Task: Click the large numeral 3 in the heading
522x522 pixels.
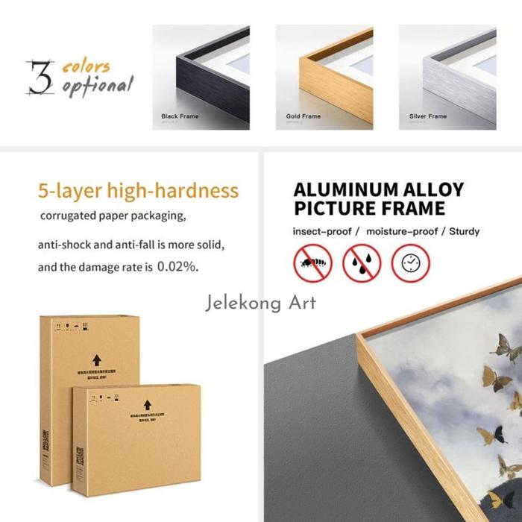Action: coord(40,78)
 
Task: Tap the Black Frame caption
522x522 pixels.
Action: coord(180,116)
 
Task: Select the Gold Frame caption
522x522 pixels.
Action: coord(303,116)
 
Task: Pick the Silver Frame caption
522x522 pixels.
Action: coord(428,116)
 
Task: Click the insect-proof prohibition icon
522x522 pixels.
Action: coord(312,262)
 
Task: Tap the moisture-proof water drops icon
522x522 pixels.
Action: coord(362,262)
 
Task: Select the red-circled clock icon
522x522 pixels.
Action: coord(411,262)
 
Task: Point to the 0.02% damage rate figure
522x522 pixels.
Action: coord(179,266)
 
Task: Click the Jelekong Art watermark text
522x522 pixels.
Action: coord(260,303)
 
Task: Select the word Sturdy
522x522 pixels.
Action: coord(464,231)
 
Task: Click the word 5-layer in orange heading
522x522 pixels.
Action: coord(72,190)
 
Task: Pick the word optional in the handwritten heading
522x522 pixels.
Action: coord(97,86)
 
